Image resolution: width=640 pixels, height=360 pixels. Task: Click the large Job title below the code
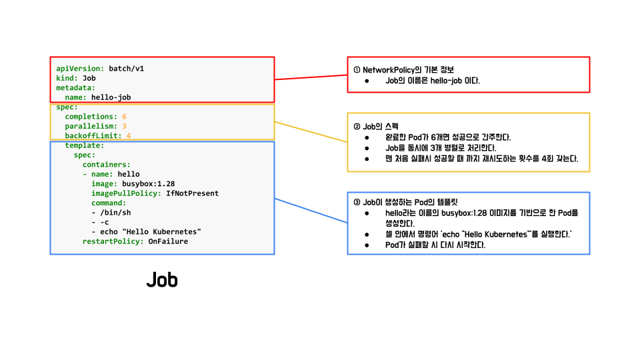coord(162,280)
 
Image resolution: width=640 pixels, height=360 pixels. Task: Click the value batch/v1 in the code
coord(127,69)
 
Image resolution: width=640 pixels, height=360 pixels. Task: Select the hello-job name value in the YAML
coord(111,97)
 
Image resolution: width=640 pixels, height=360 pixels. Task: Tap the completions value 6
coord(124,117)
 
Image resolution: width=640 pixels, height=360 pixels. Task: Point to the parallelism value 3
coord(124,126)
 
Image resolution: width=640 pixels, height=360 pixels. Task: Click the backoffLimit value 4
coord(129,136)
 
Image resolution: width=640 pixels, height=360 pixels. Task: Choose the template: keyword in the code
coord(84,145)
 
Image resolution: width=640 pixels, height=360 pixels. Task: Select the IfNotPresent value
coord(192,193)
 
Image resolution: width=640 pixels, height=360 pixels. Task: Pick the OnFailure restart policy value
coord(168,241)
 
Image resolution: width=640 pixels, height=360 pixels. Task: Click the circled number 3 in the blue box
coord(357,202)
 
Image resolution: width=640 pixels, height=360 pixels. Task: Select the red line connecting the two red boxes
coord(311,77)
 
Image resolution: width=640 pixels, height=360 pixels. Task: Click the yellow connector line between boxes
coord(311,132)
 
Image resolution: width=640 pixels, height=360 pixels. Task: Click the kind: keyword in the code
coord(67,78)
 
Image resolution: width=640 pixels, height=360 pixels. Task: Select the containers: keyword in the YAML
coord(106,165)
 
